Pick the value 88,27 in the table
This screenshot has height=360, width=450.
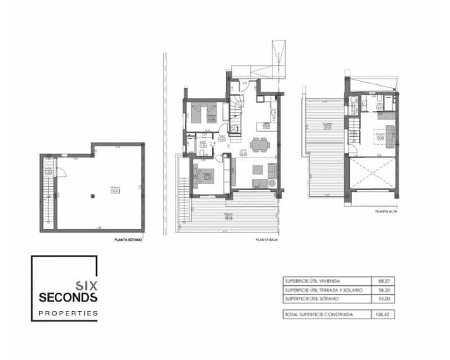pyautogui.click(x=382, y=281)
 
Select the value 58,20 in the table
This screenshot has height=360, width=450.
pyautogui.click(x=382, y=289)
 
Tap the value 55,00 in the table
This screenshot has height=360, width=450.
pyautogui.click(x=382, y=298)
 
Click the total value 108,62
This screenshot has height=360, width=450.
pyautogui.click(x=382, y=314)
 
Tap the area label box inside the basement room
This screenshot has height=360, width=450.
pyautogui.click(x=115, y=190)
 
